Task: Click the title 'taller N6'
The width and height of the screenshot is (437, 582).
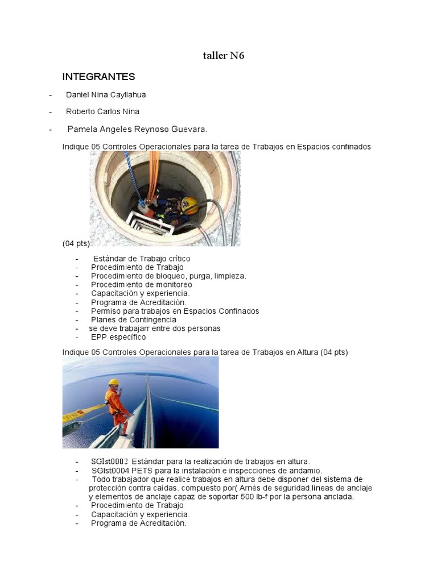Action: coord(224,56)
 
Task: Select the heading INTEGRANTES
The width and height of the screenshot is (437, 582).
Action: coord(98,76)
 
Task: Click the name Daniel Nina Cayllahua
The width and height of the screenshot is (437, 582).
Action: coord(110,94)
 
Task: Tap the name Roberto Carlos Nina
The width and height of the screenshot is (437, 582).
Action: coord(102,111)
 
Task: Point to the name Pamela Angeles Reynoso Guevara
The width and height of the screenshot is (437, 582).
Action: coord(134,129)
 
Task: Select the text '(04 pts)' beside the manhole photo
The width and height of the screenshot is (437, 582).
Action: coord(76,243)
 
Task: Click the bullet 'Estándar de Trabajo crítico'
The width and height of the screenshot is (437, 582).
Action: coord(141,259)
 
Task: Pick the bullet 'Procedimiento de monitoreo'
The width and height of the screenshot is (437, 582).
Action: coord(141,285)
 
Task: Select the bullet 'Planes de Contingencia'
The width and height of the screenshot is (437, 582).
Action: coord(133,319)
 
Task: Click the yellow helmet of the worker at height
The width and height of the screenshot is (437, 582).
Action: coord(114,383)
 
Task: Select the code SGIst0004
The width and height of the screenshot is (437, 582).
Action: coord(110,471)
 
